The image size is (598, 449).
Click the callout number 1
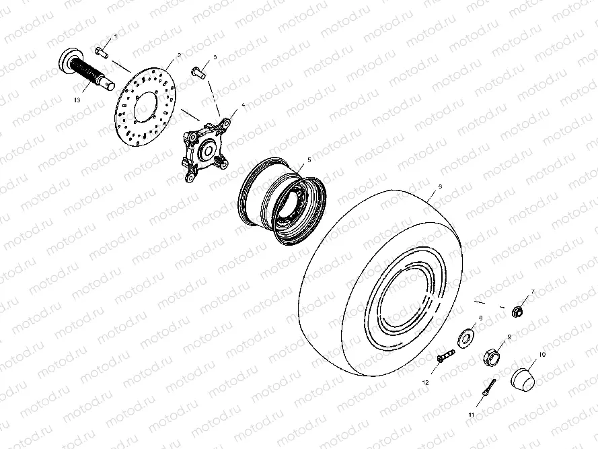116,36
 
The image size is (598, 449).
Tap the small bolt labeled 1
102,52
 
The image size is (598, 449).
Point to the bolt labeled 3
198,72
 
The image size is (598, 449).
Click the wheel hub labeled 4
206,150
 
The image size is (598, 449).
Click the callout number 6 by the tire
440,186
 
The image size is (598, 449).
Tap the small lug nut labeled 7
517,312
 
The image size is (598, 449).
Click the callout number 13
77,100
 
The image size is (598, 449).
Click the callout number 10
542,355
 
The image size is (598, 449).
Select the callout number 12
426,382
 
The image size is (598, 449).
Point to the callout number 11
472,414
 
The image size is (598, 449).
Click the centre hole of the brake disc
145,107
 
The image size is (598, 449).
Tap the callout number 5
309,160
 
